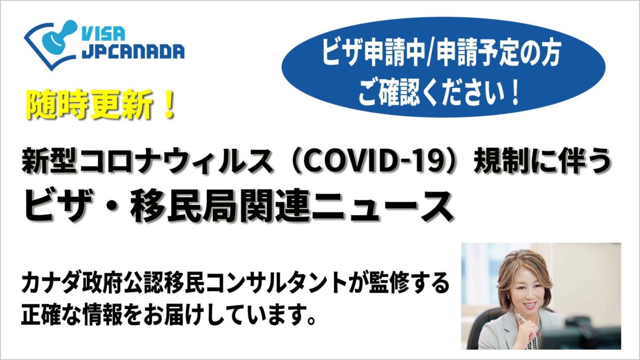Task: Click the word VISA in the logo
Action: point(103,33)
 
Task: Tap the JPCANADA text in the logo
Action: point(133,51)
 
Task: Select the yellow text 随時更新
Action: point(89,106)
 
